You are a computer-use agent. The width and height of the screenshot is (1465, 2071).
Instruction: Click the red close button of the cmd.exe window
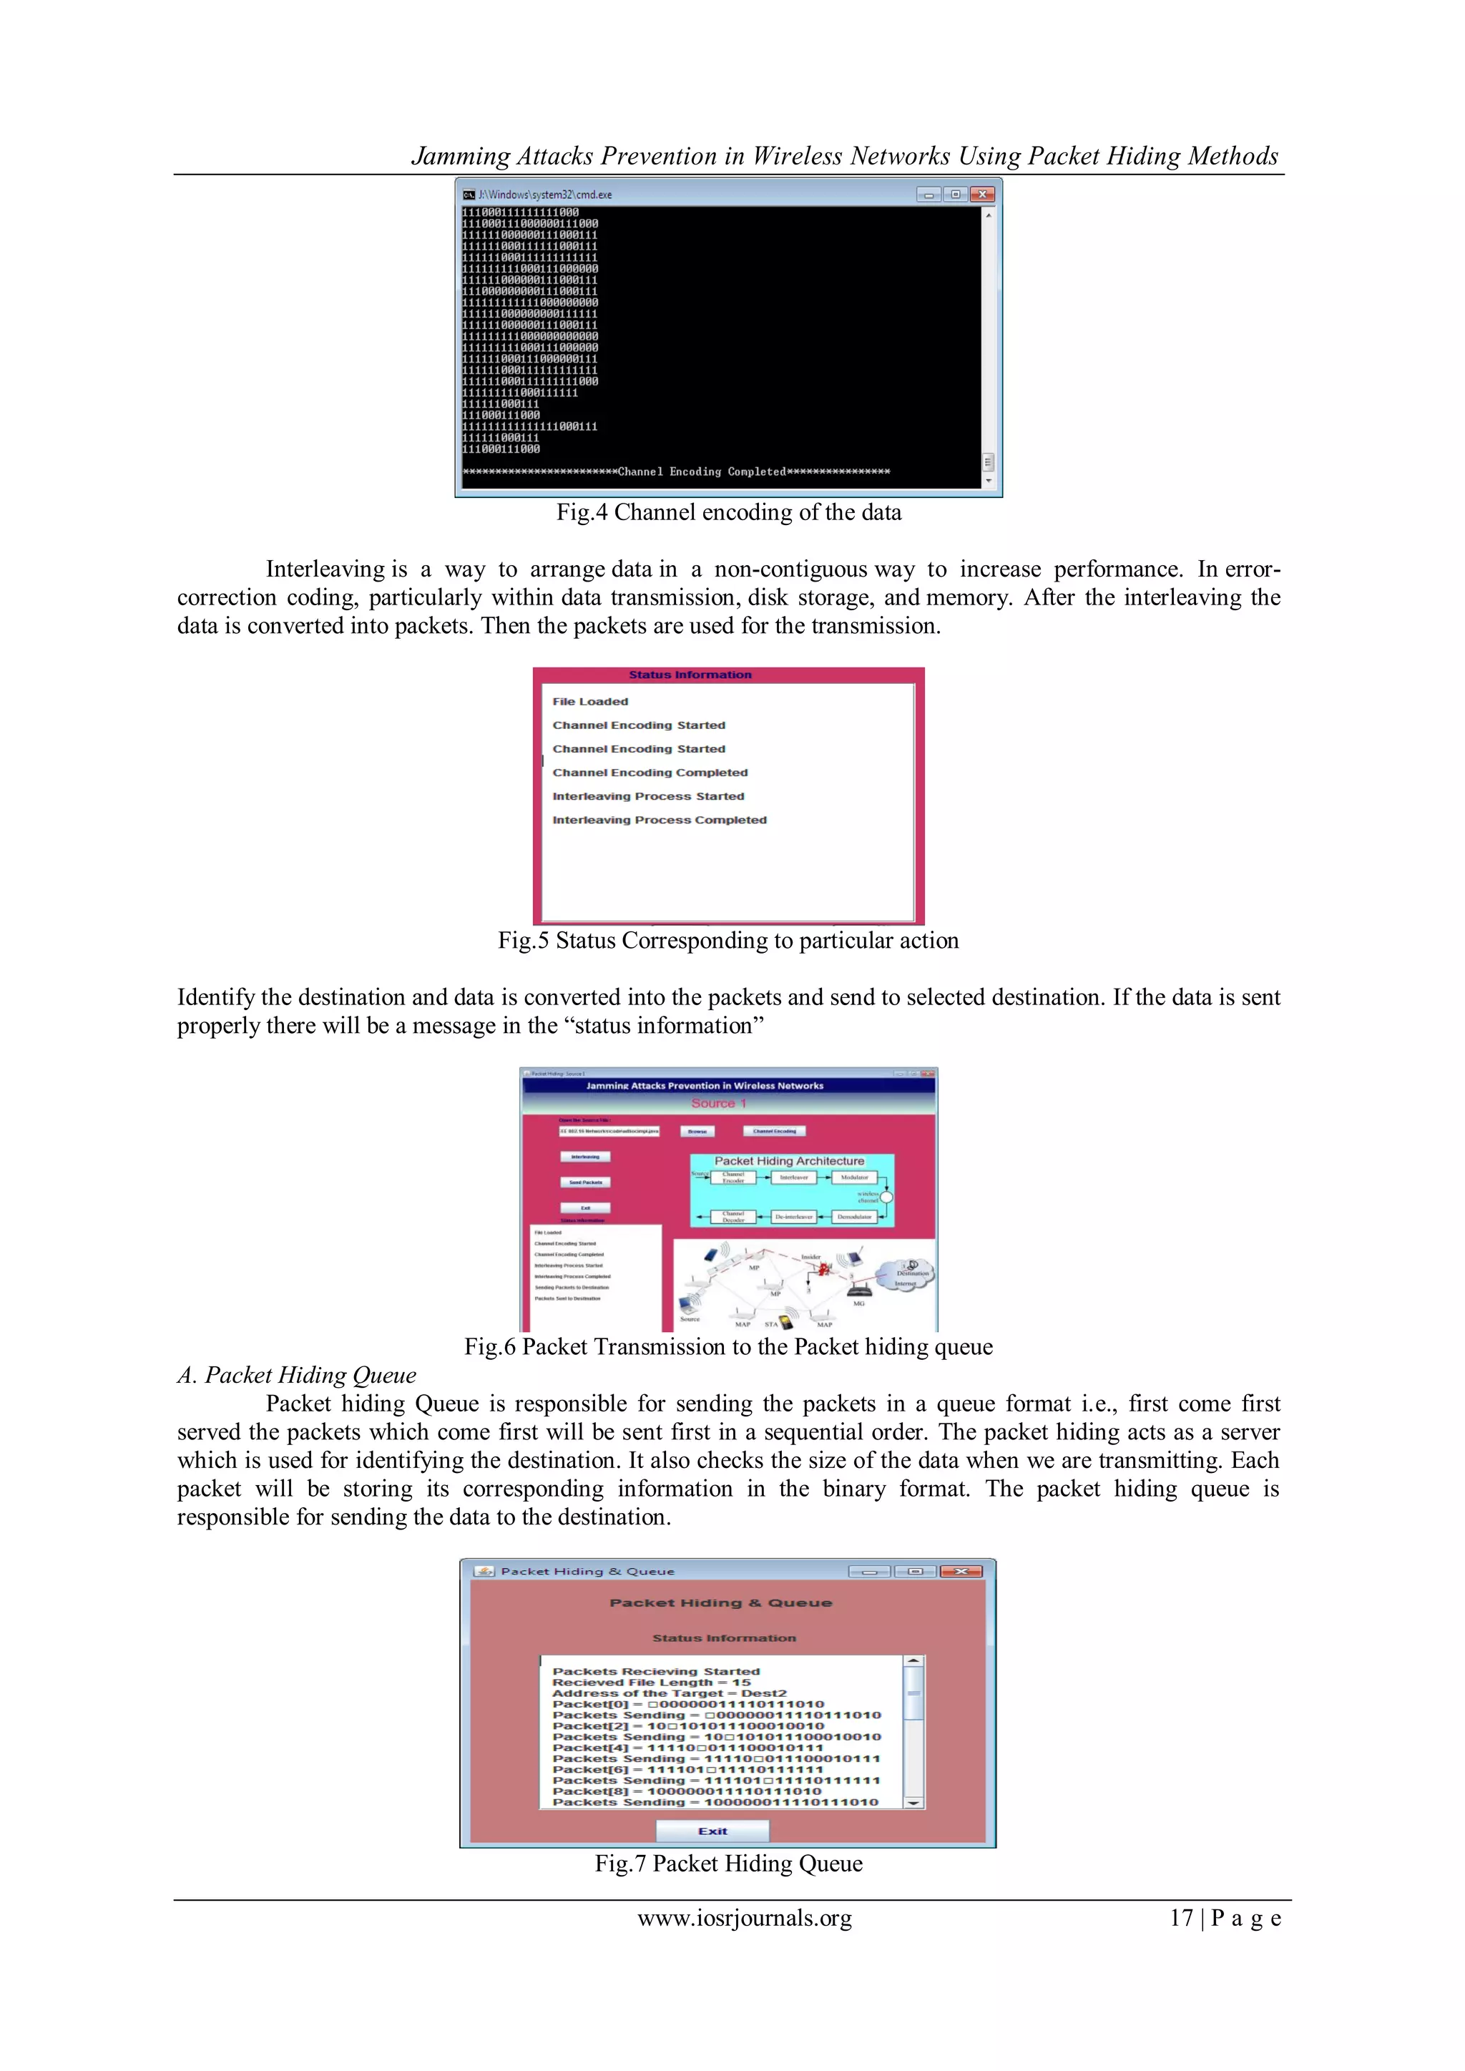[982, 194]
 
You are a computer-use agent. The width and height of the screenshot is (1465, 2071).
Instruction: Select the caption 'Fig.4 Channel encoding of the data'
[729, 512]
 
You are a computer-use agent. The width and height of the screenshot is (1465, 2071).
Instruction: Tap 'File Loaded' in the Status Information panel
[590, 701]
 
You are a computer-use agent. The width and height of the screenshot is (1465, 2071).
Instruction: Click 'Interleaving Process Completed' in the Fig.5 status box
[660, 820]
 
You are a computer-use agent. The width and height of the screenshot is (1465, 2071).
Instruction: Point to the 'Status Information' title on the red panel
[690, 675]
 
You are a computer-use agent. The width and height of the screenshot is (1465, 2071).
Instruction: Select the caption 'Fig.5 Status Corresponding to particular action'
[728, 941]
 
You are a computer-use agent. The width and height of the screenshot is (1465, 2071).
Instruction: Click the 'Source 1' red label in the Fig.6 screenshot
[719, 1103]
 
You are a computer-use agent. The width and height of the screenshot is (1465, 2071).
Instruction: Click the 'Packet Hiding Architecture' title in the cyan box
[789, 1161]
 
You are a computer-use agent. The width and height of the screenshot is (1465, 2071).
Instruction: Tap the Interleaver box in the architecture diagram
[794, 1177]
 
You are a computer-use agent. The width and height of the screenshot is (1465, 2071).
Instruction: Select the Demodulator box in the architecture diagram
[853, 1217]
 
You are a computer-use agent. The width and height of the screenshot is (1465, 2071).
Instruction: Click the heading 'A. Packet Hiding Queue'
[297, 1375]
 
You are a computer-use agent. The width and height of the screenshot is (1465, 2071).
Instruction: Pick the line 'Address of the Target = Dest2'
[670, 1693]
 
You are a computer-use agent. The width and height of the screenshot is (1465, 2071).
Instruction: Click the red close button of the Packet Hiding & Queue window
[961, 1571]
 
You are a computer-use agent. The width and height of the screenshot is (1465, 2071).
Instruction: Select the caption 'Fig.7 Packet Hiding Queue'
[728, 1864]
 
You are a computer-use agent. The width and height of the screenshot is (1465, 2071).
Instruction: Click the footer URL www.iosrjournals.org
[744, 1919]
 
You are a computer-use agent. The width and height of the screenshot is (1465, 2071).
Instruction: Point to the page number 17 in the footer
[1181, 1919]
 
